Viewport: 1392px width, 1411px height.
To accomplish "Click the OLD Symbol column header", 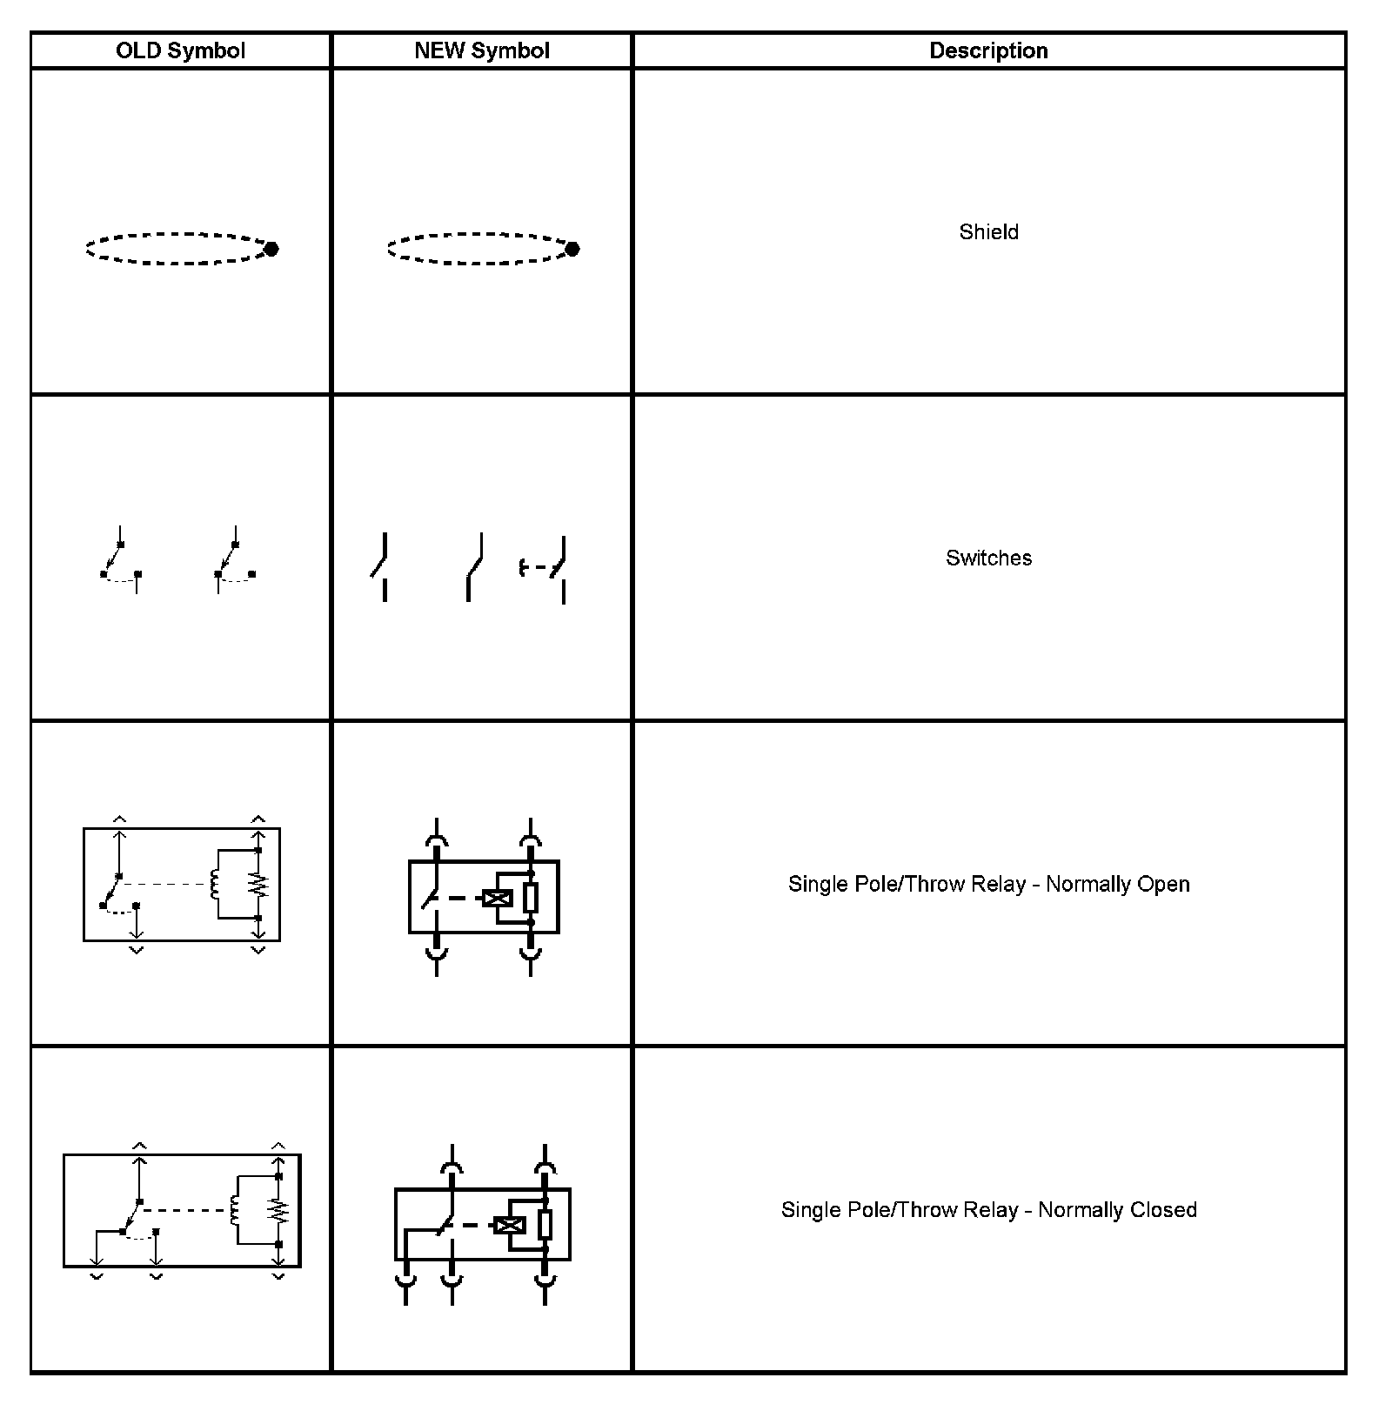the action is click(x=180, y=50).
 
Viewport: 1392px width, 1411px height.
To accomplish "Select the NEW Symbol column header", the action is click(x=482, y=50).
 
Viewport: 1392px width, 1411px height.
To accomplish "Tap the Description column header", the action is click(x=988, y=50).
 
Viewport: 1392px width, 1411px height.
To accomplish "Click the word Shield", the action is click(x=988, y=232).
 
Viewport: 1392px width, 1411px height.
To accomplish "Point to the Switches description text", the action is click(x=988, y=558).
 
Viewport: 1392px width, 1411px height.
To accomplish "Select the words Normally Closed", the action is click(x=1117, y=1209).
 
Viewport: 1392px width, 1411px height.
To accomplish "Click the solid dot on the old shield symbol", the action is click(x=271, y=249).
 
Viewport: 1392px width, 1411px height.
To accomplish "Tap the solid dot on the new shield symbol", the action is click(x=572, y=249).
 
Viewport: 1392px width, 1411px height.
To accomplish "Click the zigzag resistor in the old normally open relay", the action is click(x=258, y=885).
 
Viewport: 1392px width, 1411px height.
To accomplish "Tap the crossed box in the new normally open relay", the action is click(x=498, y=899).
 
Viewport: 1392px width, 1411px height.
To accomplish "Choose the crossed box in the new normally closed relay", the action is click(x=510, y=1225).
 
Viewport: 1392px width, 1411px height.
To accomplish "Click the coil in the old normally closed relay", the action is click(x=235, y=1210).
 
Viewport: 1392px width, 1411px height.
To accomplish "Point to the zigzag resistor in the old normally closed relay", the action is click(x=278, y=1210).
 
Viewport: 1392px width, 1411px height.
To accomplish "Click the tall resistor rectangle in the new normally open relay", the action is click(x=531, y=897).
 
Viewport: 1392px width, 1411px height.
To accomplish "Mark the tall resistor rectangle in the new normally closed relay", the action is click(x=545, y=1224).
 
